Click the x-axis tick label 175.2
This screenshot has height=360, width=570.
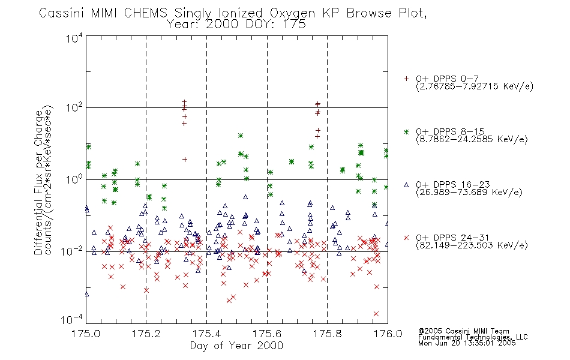click(146, 334)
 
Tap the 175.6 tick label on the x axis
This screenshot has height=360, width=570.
click(267, 334)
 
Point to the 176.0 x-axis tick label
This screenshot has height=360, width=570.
click(388, 334)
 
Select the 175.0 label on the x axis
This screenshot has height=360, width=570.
click(86, 334)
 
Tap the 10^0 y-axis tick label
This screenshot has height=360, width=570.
click(74, 179)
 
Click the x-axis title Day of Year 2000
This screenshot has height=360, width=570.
click(236, 346)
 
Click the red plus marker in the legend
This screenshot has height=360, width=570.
click(406, 79)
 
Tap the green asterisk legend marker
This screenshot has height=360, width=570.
click(406, 131)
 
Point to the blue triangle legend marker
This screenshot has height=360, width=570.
click(406, 185)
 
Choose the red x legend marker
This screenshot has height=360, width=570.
click(406, 238)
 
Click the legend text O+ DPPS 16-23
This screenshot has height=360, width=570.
click(453, 184)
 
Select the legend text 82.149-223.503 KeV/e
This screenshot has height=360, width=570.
click(472, 245)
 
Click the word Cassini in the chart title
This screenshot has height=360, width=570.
click(61, 13)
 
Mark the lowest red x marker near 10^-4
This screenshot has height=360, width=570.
click(376, 313)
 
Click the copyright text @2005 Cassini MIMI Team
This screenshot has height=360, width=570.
click(463, 331)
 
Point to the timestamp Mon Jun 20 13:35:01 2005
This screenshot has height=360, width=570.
click(467, 343)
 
